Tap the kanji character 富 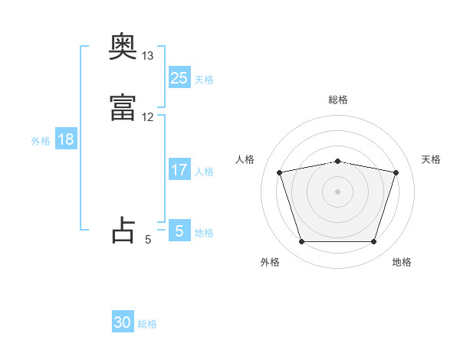pos(123,109)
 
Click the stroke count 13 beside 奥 pos(148,56)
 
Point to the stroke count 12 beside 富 pos(148,117)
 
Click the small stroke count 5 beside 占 pos(148,240)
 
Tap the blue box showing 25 pos(179,78)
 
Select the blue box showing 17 pos(179,171)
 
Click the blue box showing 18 pos(65,139)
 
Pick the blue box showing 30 pos(123,323)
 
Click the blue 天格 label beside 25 pos(204,79)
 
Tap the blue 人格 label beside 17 pos(204,172)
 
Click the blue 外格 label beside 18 pos(41,140)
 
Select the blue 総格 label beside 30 pos(147,324)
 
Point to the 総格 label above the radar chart pos(338,100)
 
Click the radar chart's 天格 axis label pos(432,159)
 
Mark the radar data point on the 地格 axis pos(373,242)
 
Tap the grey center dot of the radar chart pos(338,191)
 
